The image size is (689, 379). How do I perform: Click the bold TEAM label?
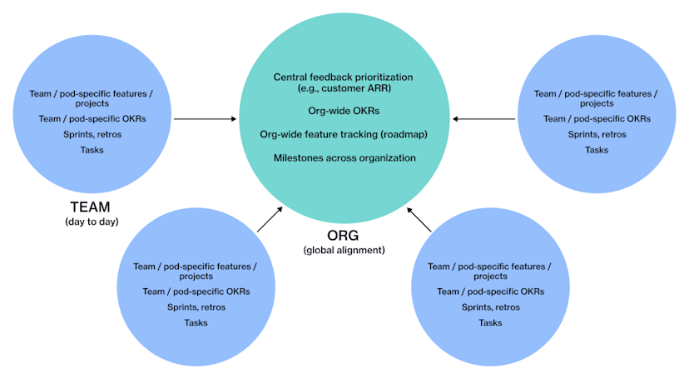click(x=92, y=207)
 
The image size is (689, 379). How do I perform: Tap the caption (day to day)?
click(x=92, y=222)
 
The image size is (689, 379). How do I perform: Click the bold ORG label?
click(x=343, y=237)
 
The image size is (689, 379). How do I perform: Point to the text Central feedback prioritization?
click(x=344, y=77)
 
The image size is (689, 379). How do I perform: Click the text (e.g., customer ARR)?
click(x=344, y=89)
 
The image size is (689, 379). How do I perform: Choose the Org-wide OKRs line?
click(x=344, y=109)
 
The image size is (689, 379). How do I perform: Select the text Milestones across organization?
click(x=344, y=157)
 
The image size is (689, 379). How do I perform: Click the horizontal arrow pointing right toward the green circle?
click(x=206, y=119)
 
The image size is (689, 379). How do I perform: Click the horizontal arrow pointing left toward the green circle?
click(x=483, y=119)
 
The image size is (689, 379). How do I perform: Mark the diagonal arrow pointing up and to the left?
click(x=419, y=220)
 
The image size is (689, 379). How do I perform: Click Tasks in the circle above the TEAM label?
click(x=92, y=150)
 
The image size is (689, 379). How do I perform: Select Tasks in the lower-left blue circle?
click(x=196, y=322)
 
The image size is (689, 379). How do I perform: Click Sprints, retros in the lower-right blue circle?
click(x=490, y=307)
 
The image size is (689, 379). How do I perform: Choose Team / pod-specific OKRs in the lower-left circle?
click(x=196, y=292)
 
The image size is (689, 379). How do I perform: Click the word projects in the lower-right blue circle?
click(x=490, y=277)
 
